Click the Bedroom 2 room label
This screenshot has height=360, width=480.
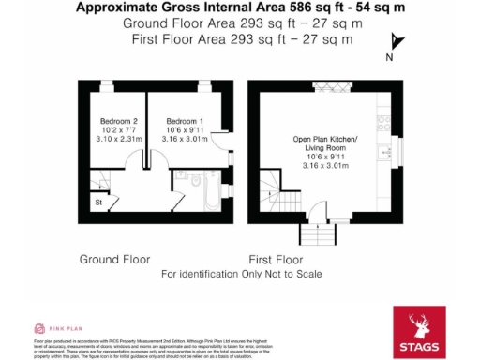click(119, 121)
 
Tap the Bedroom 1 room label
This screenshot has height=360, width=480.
click(184, 121)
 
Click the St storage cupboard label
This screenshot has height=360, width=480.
click(97, 201)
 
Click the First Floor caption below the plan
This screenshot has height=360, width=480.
click(276, 258)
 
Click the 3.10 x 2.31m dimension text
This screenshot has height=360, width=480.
click(119, 139)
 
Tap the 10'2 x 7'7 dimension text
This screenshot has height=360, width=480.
click(119, 130)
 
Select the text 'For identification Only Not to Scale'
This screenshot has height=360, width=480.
click(241, 274)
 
